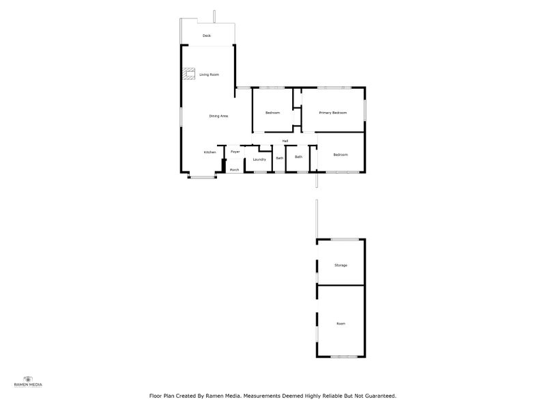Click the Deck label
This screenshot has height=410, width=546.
click(x=207, y=36)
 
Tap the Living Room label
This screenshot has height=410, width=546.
click(x=209, y=74)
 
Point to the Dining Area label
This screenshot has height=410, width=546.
click(x=218, y=116)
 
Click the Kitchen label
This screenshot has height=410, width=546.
click(x=210, y=152)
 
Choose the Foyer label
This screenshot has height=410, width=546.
click(x=235, y=152)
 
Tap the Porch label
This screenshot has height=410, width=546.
click(x=234, y=169)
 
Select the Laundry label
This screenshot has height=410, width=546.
click(x=259, y=160)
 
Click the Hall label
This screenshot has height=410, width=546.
click(x=285, y=141)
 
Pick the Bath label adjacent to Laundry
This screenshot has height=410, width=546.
click(x=279, y=159)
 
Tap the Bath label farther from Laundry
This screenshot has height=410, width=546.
click(x=298, y=157)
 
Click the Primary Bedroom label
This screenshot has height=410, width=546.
click(x=332, y=113)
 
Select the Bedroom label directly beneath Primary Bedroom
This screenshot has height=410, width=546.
click(x=340, y=155)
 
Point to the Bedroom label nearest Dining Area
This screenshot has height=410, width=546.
click(x=272, y=113)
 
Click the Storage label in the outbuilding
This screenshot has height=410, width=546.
click(x=341, y=265)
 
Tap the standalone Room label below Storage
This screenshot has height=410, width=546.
click(x=341, y=323)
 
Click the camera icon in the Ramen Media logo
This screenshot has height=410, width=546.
click(x=28, y=378)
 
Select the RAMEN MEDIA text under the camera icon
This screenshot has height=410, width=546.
click(x=28, y=385)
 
